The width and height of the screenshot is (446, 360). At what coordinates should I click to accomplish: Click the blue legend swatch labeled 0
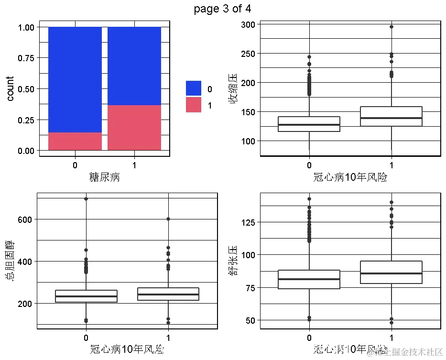(194, 88)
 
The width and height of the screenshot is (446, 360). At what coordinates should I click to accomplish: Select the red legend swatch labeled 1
(194, 105)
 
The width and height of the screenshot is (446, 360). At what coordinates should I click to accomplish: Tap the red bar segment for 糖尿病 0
(75, 142)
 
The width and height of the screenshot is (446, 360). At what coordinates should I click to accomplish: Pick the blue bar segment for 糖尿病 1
(134, 66)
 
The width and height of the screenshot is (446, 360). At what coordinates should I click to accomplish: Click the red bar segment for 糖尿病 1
(134, 128)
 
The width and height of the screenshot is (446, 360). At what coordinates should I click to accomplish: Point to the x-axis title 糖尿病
(105, 177)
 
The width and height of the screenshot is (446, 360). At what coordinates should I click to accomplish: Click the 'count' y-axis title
(10, 88)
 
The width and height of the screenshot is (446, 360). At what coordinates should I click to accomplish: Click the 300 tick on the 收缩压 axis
(249, 24)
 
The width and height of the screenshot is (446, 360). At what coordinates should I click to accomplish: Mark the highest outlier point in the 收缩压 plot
(392, 27)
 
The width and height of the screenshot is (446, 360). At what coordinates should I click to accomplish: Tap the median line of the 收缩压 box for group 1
(392, 118)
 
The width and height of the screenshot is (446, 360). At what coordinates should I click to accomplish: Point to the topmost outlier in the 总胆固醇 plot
(86, 198)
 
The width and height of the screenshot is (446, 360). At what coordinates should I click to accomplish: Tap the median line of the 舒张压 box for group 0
(309, 279)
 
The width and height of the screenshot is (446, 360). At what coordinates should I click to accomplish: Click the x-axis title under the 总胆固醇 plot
(127, 349)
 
